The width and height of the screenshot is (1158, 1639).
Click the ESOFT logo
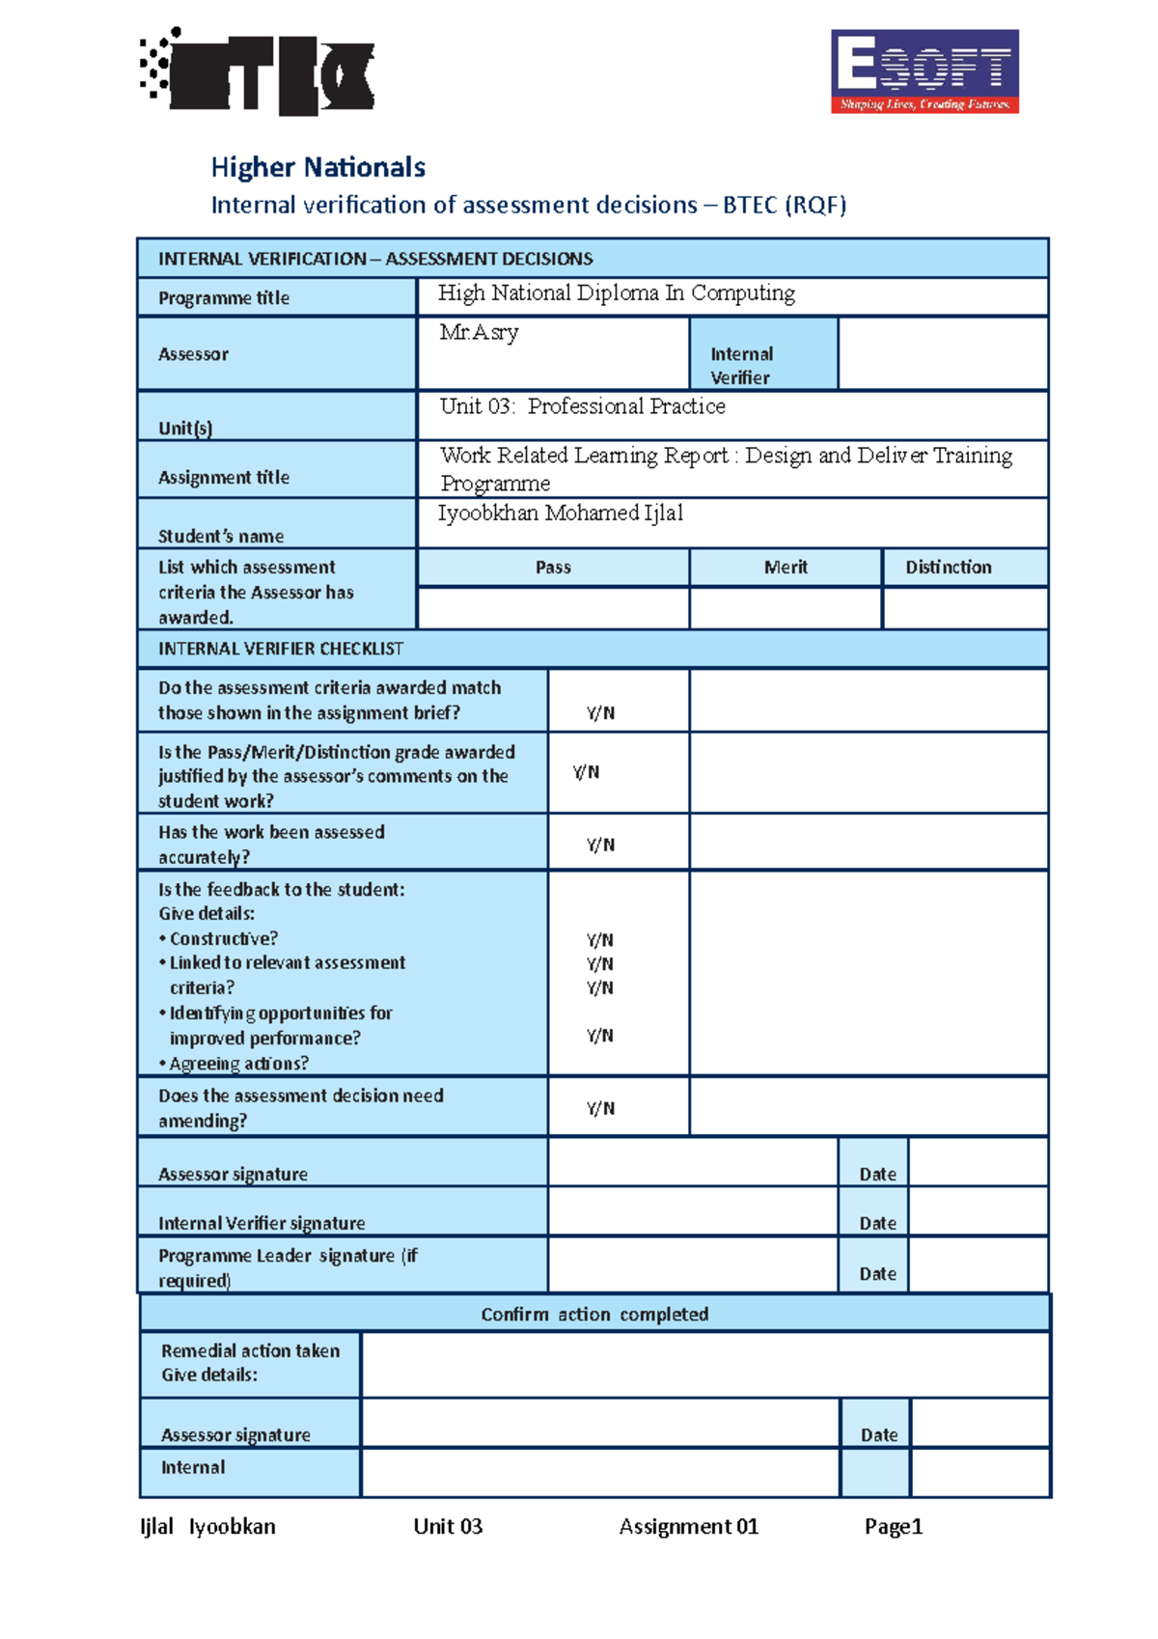[924, 71]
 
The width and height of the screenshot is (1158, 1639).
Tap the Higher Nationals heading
[317, 167]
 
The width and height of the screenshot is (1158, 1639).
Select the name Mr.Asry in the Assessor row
[479, 333]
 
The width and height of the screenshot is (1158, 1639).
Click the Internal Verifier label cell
[762, 365]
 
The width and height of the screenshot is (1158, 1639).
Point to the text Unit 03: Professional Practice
[582, 406]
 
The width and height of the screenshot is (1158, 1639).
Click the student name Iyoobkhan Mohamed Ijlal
[560, 514]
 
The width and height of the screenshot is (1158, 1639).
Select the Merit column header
[785, 568]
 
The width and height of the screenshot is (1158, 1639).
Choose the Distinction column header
[948, 568]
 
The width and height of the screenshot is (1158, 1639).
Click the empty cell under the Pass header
[553, 608]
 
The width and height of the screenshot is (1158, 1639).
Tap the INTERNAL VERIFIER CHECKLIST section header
[281, 649]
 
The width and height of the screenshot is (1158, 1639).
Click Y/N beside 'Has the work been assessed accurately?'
[600, 845]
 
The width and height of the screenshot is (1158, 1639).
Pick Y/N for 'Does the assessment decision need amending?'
[600, 1108]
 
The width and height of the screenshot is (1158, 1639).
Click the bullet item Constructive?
[223, 938]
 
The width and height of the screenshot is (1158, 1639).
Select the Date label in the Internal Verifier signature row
[877, 1223]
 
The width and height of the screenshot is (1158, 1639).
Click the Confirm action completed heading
[594, 1314]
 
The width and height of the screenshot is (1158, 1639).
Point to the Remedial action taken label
[250, 1351]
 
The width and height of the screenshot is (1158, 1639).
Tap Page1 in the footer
[894, 1526]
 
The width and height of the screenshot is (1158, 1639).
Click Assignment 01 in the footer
[688, 1526]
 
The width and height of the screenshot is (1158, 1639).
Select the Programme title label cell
[224, 298]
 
